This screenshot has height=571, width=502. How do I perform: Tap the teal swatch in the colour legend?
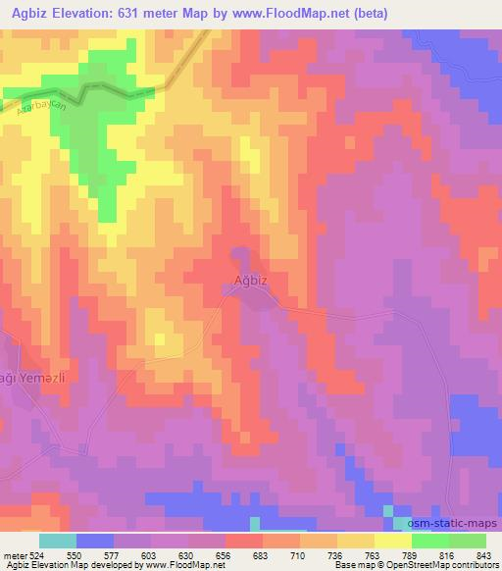57,541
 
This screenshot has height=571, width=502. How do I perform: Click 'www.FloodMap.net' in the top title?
306,14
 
